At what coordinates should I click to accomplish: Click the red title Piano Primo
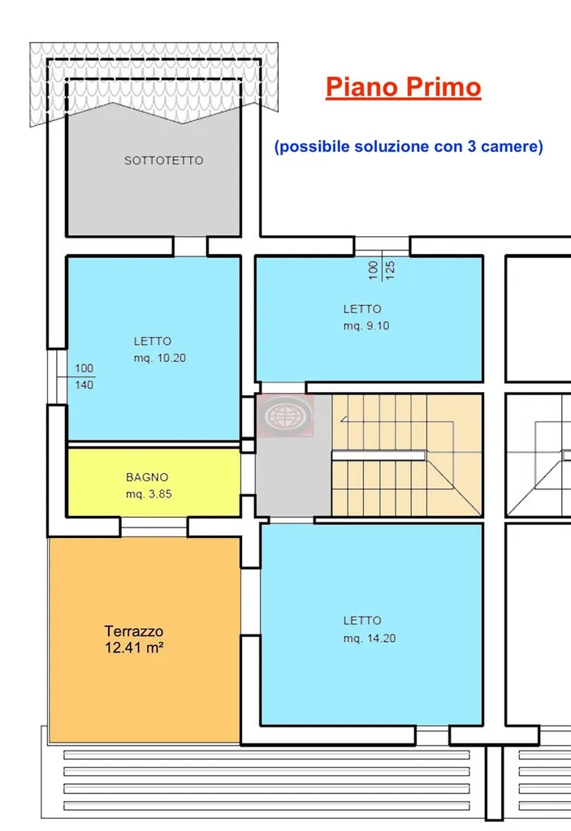tap(404, 87)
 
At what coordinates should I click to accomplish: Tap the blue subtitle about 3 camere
tap(409, 146)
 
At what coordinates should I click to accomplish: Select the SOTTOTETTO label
tap(163, 160)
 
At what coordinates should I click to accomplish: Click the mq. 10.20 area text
tap(160, 358)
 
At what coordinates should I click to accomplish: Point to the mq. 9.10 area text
tap(366, 326)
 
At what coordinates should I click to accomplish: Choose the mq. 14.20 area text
tap(370, 638)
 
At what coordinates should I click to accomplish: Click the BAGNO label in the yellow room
tap(147, 477)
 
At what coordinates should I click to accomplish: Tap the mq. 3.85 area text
tap(149, 494)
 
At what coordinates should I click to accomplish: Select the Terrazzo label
tap(134, 631)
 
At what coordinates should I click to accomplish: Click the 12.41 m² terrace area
tap(134, 648)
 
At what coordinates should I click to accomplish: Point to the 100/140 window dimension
tap(84, 377)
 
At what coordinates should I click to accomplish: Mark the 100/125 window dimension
tap(382, 269)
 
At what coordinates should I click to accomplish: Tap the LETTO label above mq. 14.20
tap(362, 621)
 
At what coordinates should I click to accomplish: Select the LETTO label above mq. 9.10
tap(362, 309)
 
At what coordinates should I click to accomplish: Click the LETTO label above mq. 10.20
tap(153, 342)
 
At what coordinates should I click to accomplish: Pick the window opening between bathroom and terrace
tap(154, 527)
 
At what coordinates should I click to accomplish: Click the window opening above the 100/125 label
tap(382, 247)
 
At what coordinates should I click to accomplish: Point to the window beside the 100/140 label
tap(57, 377)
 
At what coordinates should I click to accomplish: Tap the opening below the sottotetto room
tap(191, 247)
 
